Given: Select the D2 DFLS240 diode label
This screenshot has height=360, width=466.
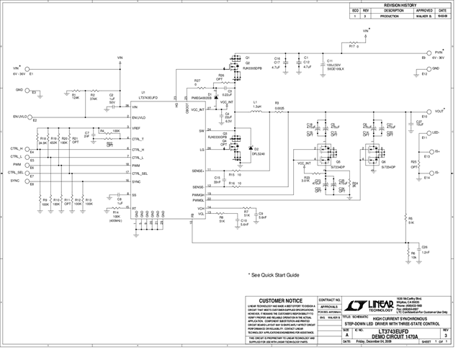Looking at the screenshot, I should tap(258, 153).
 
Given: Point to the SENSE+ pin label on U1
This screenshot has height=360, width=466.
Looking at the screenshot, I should tap(199, 172).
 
